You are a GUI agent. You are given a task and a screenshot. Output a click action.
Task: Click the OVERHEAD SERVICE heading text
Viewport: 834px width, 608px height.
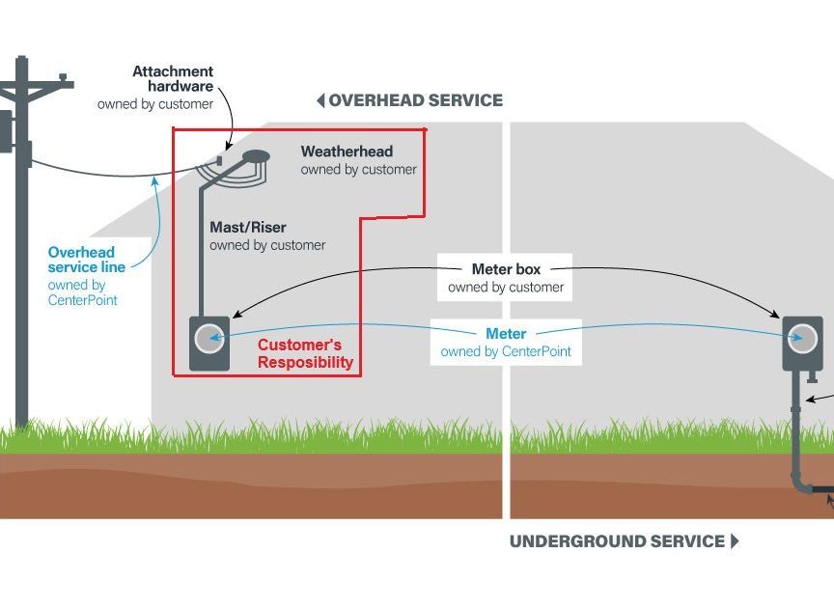[415, 100]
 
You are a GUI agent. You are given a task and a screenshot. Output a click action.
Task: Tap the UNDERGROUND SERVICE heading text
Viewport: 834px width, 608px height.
[617, 541]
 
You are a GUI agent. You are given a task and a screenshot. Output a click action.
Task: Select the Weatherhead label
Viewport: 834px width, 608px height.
[347, 152]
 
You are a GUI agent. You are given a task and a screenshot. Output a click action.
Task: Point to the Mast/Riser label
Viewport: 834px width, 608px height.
[248, 228]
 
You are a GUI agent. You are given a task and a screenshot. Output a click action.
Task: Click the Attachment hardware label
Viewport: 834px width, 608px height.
[173, 78]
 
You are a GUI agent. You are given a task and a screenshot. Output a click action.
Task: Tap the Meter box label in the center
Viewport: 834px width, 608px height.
[506, 269]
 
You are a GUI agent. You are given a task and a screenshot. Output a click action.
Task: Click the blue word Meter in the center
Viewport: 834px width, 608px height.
[506, 334]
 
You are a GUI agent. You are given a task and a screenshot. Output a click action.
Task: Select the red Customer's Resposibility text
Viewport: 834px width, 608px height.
[305, 354]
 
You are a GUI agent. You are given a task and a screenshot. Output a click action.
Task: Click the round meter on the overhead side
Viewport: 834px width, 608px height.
[209, 338]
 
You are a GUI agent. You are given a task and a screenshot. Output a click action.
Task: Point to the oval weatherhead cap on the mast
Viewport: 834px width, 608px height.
[256, 154]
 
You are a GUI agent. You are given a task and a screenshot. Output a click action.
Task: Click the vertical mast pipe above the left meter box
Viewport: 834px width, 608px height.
[202, 251]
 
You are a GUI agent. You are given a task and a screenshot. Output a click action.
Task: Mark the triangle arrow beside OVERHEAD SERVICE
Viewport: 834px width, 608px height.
[320, 100]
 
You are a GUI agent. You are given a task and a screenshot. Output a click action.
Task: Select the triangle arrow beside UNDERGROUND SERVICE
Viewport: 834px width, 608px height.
[735, 541]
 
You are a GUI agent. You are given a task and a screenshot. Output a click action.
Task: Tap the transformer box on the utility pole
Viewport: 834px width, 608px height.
[5, 130]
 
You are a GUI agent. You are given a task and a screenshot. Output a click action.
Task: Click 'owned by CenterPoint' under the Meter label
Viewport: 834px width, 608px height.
[506, 352]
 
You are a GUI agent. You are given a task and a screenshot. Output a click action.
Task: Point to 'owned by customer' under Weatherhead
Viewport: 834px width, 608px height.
[358, 170]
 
